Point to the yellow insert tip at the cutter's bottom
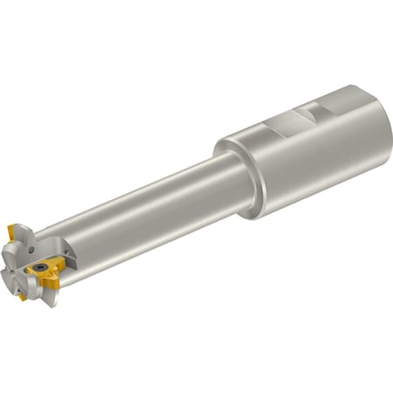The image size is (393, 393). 22,297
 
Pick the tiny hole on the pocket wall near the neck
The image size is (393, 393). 66,253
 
